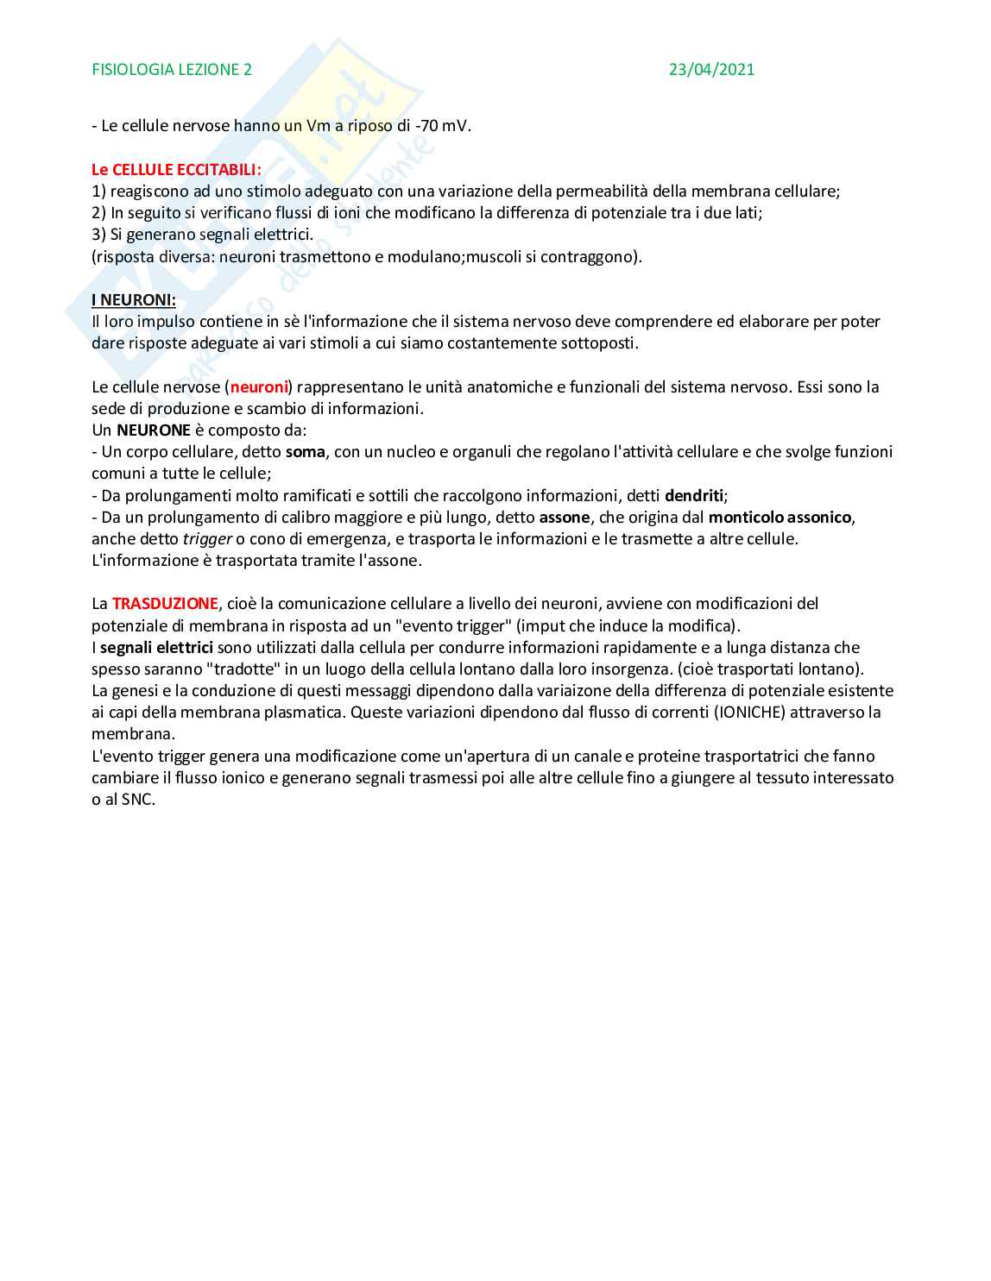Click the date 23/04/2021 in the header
[x=711, y=70]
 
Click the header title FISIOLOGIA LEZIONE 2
[x=172, y=70]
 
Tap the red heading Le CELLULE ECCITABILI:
[x=176, y=170]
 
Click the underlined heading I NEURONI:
[x=134, y=300]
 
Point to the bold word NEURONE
[x=154, y=430]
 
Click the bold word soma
[x=305, y=452]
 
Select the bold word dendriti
[x=694, y=496]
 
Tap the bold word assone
[x=564, y=518]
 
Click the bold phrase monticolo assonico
[x=780, y=518]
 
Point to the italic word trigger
[x=207, y=539]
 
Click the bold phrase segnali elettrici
[x=156, y=648]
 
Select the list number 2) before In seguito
[x=98, y=213]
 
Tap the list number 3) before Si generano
[x=98, y=235]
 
